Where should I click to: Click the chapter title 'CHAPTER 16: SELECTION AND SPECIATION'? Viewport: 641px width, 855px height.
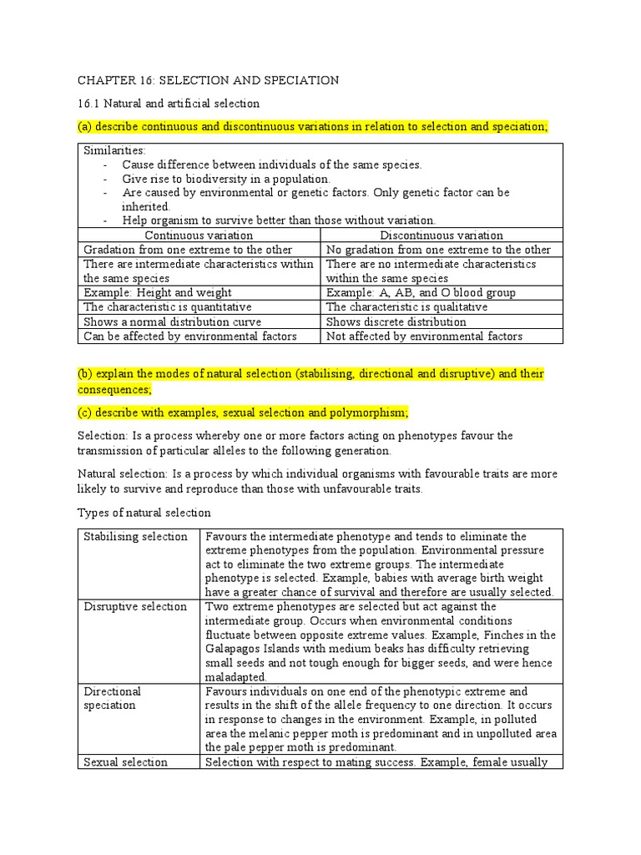click(208, 80)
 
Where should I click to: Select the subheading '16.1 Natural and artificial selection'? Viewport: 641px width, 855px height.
click(169, 104)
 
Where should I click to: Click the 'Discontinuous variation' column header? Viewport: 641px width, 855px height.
click(442, 235)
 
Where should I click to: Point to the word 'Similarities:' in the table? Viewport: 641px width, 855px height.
click(114, 150)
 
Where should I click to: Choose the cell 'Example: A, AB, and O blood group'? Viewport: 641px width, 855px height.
click(421, 292)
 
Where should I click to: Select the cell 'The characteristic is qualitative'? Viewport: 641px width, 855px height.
click(407, 306)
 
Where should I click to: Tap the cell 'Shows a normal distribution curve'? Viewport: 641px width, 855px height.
click(172, 321)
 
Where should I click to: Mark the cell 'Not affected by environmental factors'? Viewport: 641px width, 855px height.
click(425, 336)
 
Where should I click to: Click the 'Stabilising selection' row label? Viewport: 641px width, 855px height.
click(135, 536)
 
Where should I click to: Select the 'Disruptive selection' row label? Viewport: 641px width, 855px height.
click(135, 606)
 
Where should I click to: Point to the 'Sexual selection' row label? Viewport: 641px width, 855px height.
click(126, 761)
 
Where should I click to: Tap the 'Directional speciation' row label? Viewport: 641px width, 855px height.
click(113, 698)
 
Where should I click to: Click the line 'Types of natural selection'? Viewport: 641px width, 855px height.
click(144, 512)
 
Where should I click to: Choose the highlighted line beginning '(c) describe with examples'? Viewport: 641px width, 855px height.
click(243, 413)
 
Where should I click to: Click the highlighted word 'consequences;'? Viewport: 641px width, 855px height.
click(115, 389)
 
